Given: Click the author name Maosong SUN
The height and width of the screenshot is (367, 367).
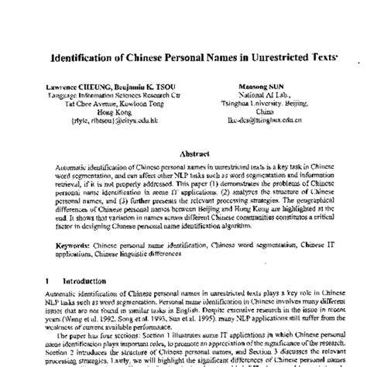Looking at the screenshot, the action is (258, 87).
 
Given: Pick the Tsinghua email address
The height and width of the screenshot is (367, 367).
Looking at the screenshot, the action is (259, 121).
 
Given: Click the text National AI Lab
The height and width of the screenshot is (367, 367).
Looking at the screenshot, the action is (259, 95).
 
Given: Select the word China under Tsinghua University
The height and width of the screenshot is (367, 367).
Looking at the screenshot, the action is (259, 112).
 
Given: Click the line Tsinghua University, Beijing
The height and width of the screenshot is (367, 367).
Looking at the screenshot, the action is (259, 104).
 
